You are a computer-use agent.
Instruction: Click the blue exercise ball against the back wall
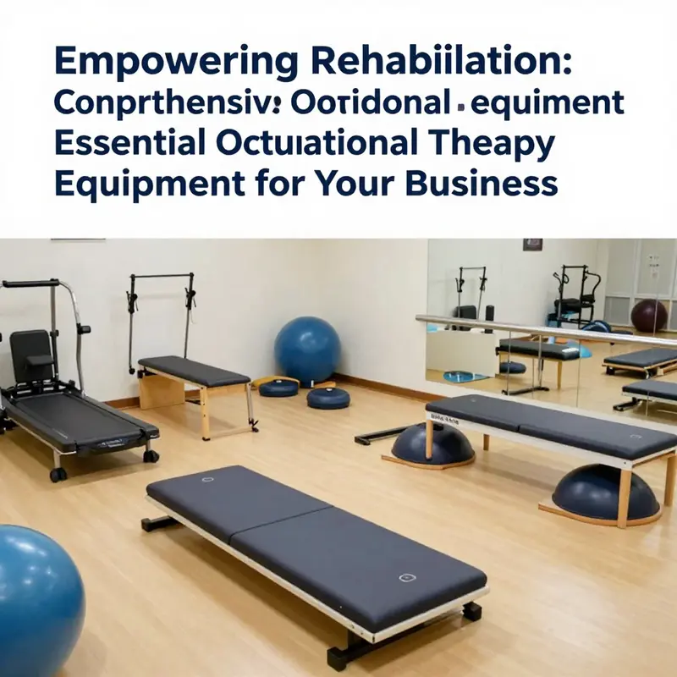click(306, 350)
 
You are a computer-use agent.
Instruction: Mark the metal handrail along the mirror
click(542, 331)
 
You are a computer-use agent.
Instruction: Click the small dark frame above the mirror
click(532, 245)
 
